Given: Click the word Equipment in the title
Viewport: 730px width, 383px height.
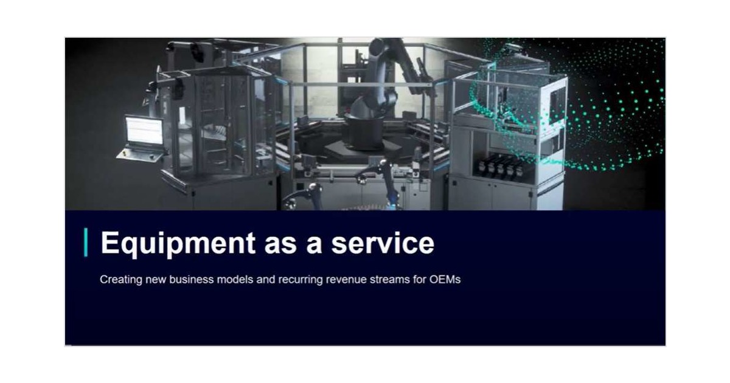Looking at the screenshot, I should (x=177, y=243).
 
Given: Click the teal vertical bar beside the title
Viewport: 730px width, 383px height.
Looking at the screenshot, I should (x=86, y=243).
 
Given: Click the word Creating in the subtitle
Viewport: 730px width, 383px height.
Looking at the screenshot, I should (x=118, y=280).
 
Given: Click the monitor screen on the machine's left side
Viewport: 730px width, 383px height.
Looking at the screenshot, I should (x=144, y=130).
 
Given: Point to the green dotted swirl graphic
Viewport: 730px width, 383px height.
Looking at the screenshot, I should (x=584, y=103).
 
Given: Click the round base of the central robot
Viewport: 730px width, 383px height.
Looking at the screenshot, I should (x=365, y=131).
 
